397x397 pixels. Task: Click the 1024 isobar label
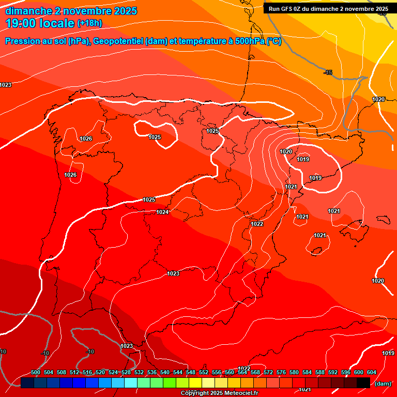click(162, 212)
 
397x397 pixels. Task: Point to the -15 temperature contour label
click(328, 72)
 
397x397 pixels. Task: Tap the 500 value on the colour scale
click(36, 372)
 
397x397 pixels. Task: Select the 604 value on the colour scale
click(371, 372)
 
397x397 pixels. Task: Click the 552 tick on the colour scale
click(204, 372)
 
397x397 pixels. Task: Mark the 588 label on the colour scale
click(320, 372)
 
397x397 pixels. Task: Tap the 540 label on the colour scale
click(165, 372)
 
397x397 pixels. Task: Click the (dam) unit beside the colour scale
click(383, 384)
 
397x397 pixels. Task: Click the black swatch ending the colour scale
click(363, 383)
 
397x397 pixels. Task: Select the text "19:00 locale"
click(40, 23)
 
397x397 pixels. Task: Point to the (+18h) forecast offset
click(89, 23)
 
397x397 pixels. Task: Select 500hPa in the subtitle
click(250, 41)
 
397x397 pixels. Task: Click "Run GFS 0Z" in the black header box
click(287, 9)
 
